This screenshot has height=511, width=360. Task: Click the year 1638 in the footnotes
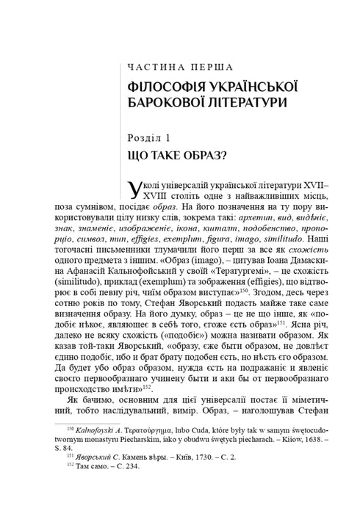pyautogui.click(x=307, y=457)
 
